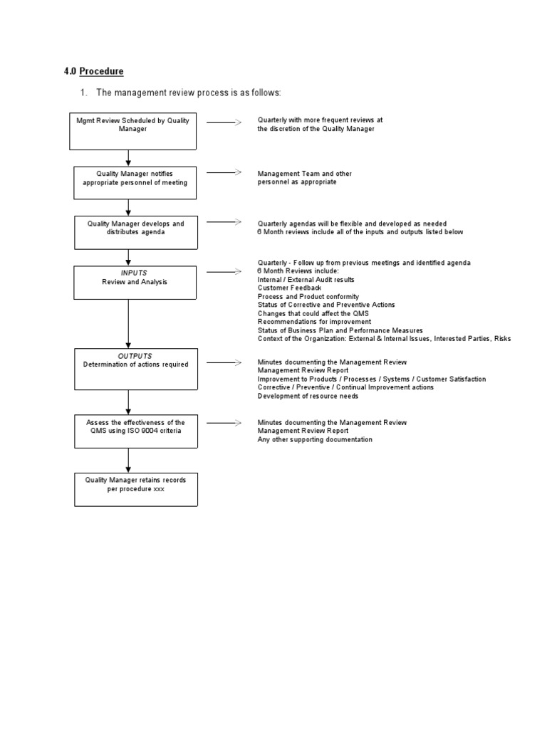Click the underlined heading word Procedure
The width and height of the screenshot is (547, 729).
(x=101, y=71)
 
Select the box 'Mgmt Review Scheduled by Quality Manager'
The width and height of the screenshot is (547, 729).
(x=132, y=131)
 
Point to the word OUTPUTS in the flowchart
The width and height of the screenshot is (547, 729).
(x=135, y=356)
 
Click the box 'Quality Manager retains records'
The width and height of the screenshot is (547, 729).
(x=135, y=488)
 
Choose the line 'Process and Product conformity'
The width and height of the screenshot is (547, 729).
(x=308, y=296)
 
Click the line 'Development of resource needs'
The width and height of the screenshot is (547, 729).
(x=308, y=396)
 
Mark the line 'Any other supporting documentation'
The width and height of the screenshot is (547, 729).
(x=315, y=439)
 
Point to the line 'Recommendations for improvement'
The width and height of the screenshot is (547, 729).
(x=314, y=322)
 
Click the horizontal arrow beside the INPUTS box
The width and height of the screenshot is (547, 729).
(x=224, y=271)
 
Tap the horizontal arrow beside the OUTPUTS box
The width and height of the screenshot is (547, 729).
(x=224, y=362)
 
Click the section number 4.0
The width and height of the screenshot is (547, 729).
(x=71, y=71)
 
